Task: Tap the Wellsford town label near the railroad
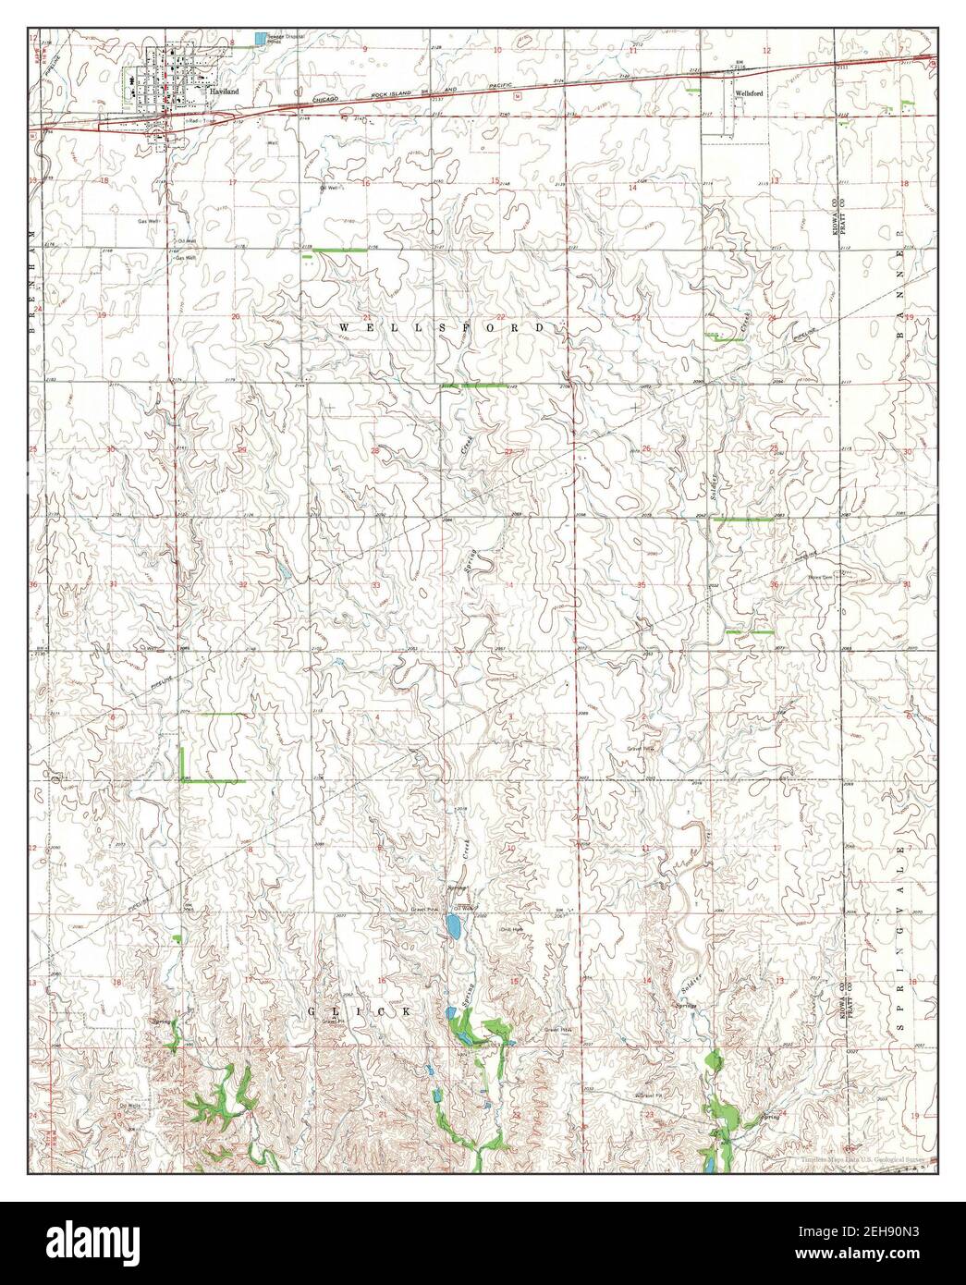[747, 93]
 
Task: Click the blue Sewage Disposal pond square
[260, 38]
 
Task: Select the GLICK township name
[363, 1011]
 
